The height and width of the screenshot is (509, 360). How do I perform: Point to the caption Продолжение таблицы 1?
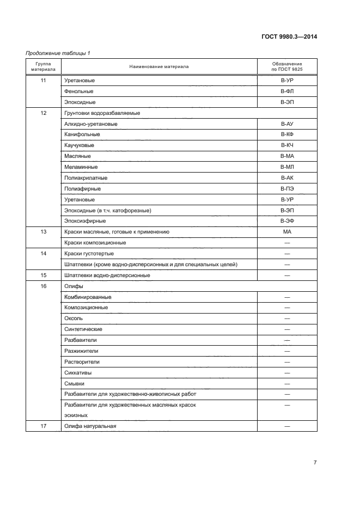pyautogui.click(x=58, y=53)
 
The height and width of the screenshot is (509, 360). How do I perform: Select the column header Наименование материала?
pyautogui.click(x=158, y=66)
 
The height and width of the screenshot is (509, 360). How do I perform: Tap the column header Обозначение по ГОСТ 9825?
pyautogui.click(x=286, y=66)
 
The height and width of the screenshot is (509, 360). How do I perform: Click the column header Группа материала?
pyautogui.click(x=44, y=66)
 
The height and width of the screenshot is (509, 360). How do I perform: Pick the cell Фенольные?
pyautogui.click(x=78, y=91)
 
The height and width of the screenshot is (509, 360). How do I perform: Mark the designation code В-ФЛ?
pyautogui.click(x=286, y=91)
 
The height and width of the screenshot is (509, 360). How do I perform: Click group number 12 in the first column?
pyautogui.click(x=44, y=113)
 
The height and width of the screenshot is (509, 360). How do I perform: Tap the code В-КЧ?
pyautogui.click(x=286, y=145)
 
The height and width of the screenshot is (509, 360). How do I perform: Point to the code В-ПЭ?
pyautogui.click(x=286, y=189)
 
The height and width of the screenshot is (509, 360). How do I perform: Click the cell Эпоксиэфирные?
pyautogui.click(x=84, y=221)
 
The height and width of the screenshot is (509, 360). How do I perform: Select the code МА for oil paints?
pyautogui.click(x=286, y=232)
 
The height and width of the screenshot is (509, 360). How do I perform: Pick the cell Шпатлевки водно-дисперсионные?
pyautogui.click(x=107, y=275)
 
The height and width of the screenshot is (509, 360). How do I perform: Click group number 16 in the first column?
pyautogui.click(x=44, y=286)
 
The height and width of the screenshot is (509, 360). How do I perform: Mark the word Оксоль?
pyautogui.click(x=74, y=318)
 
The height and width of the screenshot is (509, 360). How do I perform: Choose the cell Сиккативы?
pyautogui.click(x=77, y=372)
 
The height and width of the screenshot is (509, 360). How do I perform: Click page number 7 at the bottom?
pyautogui.click(x=315, y=462)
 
